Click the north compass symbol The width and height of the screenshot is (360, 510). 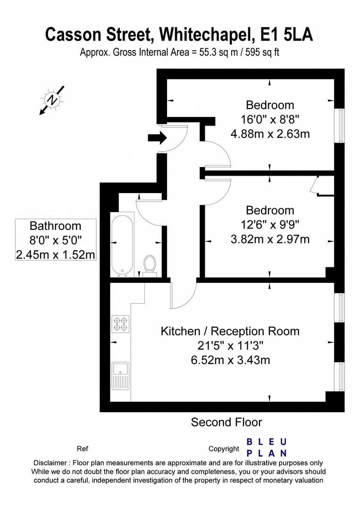coord(52,100)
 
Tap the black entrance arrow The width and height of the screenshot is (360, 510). coord(157,137)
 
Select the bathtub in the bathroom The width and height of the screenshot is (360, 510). coord(122,245)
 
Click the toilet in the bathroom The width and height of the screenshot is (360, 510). coord(150,266)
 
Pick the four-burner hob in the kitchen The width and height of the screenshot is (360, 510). coord(120,324)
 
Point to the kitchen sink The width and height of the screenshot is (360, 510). coord(120,376)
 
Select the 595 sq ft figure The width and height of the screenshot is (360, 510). coord(262,52)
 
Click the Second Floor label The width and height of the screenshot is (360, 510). coord(226,422)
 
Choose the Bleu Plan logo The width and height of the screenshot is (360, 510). coord(267,448)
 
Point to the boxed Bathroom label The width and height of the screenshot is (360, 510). coord(56,240)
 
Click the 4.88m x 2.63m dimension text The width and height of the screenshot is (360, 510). coord(270,134)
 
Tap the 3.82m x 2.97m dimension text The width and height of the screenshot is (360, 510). coord(270,239)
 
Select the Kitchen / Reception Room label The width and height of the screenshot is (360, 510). coord(230,331)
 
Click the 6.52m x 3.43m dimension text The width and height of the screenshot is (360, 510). coord(230,360)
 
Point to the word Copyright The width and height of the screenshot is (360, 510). coord(224,449)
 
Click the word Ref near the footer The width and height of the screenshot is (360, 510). coord(83,449)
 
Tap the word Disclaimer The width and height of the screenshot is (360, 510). coord(50,463)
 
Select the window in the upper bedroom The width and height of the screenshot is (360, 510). coord(340,126)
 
